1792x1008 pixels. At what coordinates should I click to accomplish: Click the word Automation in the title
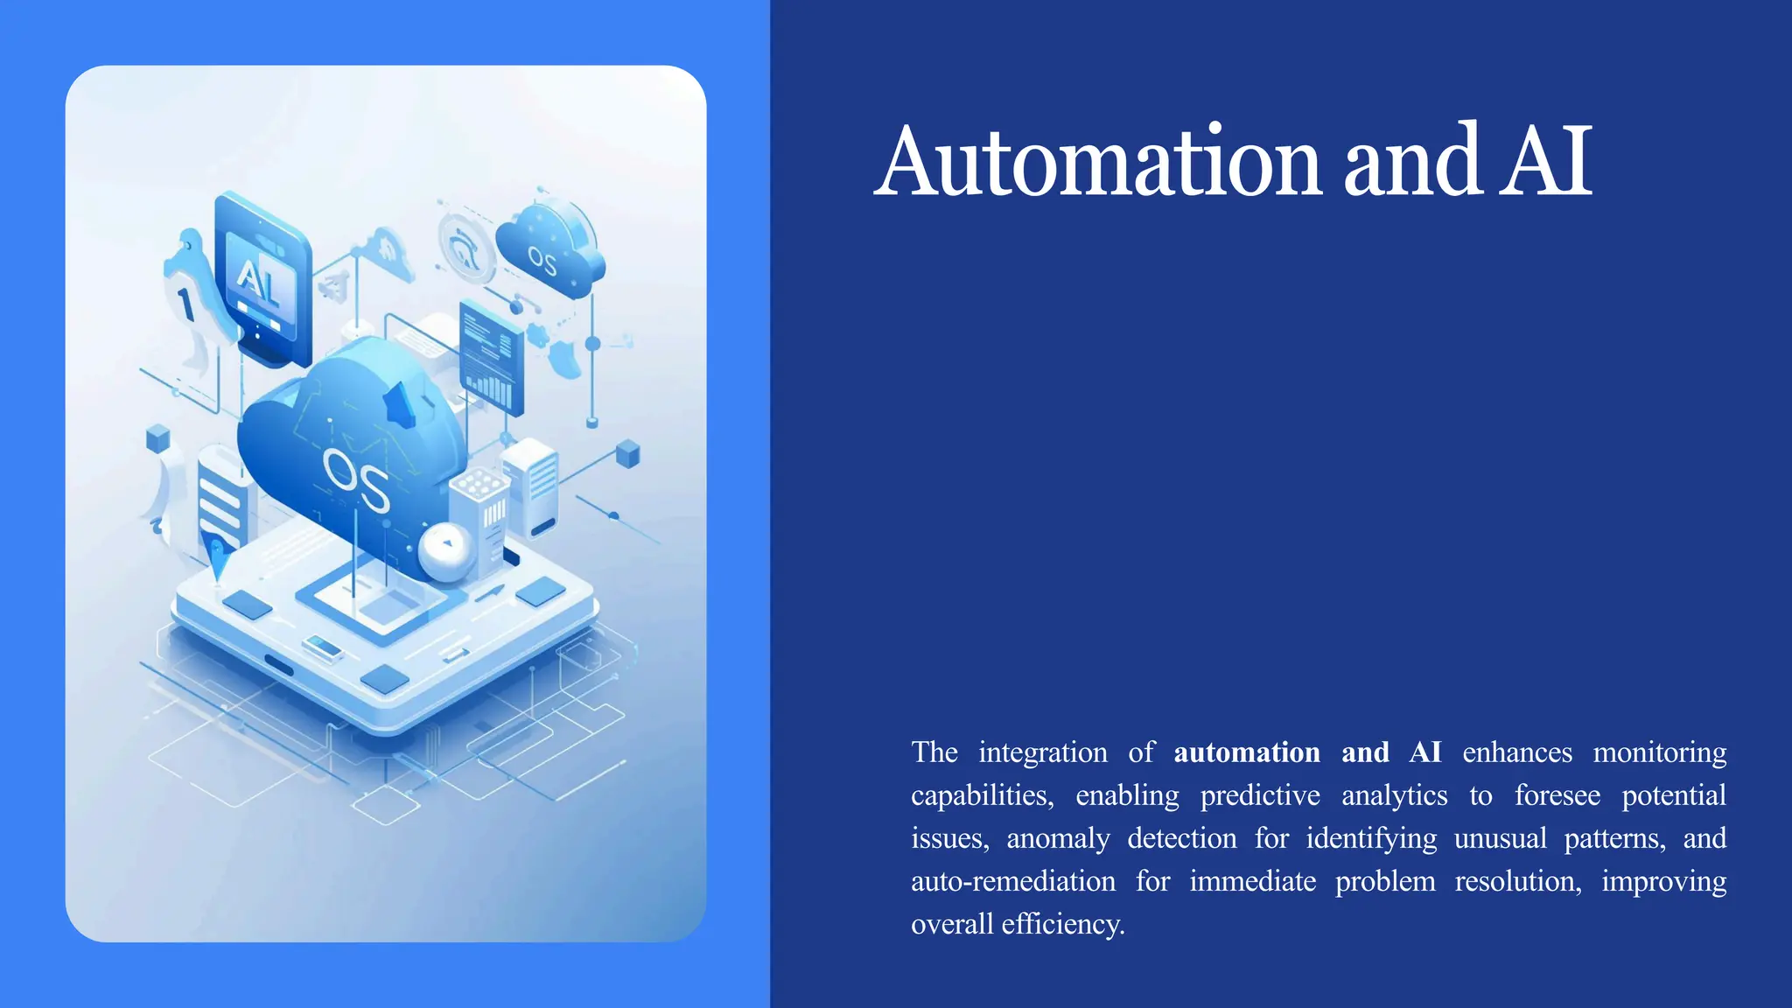pos(1097,162)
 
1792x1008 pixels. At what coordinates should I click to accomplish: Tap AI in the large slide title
pos(1546,162)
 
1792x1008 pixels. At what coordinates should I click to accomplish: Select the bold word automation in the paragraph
pos(1247,752)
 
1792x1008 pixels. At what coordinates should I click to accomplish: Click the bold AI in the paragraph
pos(1425,752)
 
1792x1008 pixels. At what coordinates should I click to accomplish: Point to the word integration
pos(1042,752)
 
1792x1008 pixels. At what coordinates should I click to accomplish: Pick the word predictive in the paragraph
pos(1260,795)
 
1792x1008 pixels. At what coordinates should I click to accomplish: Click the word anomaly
pos(1058,838)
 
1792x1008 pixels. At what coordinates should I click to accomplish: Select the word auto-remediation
pos(1013,881)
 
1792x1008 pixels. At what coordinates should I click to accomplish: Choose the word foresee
pos(1557,795)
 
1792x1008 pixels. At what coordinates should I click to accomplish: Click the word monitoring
pos(1660,752)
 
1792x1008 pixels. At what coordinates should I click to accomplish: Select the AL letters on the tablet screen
pos(259,282)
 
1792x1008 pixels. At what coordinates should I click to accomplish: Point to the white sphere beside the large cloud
pos(445,551)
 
